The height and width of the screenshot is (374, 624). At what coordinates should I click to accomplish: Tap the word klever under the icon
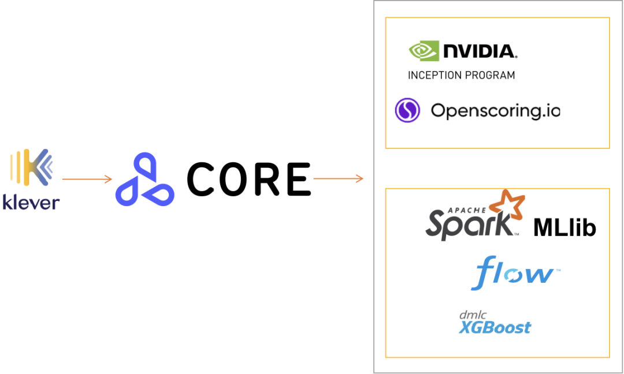click(x=32, y=202)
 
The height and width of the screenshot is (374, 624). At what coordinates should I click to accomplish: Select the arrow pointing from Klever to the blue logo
click(x=87, y=179)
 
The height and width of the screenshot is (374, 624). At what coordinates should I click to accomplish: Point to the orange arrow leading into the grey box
click(x=338, y=178)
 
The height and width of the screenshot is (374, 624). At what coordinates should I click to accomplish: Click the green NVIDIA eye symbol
click(x=424, y=51)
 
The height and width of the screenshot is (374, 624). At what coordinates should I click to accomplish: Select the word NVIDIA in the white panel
click(x=480, y=51)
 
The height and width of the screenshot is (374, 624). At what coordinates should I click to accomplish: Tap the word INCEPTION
click(x=435, y=75)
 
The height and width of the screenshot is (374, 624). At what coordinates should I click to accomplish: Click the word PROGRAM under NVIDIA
click(x=490, y=75)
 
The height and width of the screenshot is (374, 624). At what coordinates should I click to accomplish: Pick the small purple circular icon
click(x=407, y=110)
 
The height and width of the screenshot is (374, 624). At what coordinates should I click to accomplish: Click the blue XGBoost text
click(x=495, y=328)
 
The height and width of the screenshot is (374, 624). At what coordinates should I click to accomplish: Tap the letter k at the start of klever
click(x=8, y=202)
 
